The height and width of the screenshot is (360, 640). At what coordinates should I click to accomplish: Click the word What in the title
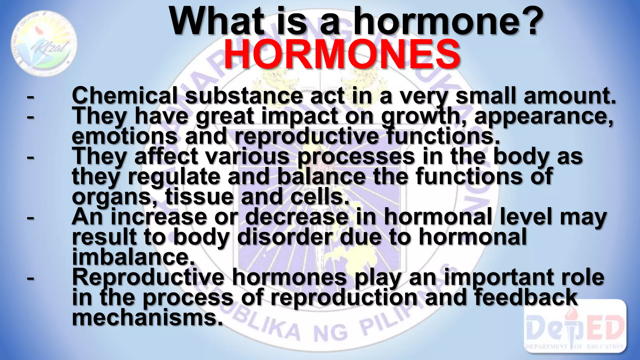[217, 21]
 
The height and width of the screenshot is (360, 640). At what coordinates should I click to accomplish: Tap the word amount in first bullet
[569, 96]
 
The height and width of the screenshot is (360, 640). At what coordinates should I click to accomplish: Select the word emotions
[125, 136]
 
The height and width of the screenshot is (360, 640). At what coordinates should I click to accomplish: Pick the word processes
[356, 157]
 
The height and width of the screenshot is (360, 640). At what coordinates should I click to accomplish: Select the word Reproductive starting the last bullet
[148, 277]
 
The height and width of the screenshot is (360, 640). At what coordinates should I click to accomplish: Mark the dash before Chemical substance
[30, 97]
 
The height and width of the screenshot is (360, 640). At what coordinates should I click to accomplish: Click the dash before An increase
[30, 217]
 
